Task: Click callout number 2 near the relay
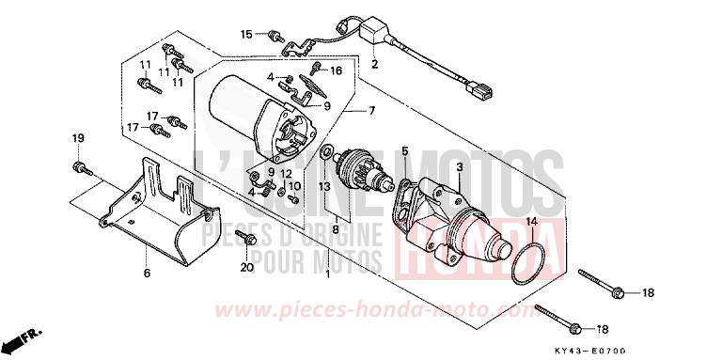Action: (x=374, y=65)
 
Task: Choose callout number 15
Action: (x=246, y=34)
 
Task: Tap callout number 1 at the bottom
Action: (x=328, y=274)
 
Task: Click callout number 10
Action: (x=293, y=187)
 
